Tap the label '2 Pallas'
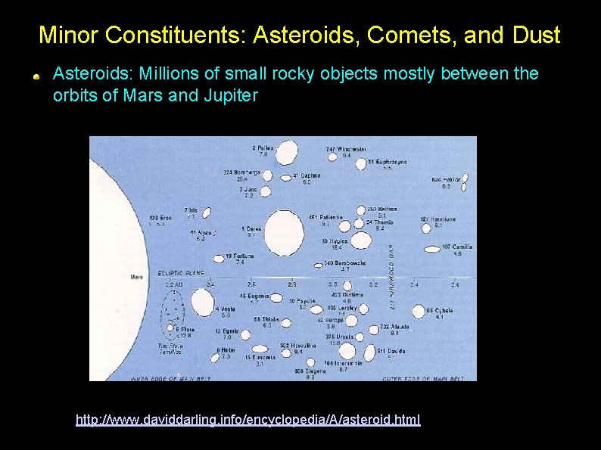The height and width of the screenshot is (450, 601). click(x=263, y=147)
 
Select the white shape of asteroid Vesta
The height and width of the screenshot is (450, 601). click(x=202, y=302)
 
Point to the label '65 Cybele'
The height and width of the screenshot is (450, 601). click(x=439, y=310)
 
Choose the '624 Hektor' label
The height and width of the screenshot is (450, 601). click(x=446, y=179)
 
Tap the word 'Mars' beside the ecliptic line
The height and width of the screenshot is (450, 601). click(x=136, y=277)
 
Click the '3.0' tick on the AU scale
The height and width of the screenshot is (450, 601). click(x=332, y=284)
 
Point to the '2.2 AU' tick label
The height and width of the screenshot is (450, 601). click(x=173, y=284)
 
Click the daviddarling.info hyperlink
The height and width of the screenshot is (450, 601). click(x=248, y=418)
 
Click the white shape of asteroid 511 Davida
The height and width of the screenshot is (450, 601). click(x=370, y=353)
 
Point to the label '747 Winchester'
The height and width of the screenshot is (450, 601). click(x=346, y=150)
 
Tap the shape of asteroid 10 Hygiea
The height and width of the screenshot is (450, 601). click(x=360, y=241)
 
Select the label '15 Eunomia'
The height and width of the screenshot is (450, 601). click(x=259, y=357)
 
